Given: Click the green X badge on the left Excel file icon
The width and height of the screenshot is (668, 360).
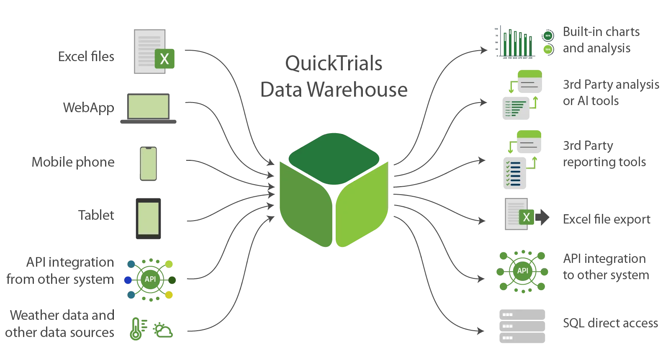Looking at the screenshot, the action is [x=165, y=58].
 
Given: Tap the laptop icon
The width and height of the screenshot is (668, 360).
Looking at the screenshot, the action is [x=149, y=107].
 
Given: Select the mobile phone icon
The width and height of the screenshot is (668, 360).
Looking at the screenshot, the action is [x=148, y=164].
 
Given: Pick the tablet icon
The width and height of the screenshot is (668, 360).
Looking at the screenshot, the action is [x=149, y=219].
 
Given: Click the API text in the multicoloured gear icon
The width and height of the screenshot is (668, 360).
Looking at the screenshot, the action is [x=150, y=279].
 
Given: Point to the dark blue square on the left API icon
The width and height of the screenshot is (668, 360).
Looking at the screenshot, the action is [x=128, y=279].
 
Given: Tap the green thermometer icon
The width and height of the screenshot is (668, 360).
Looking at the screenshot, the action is [x=137, y=329].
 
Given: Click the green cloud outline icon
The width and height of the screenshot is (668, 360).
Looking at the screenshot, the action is [x=163, y=330].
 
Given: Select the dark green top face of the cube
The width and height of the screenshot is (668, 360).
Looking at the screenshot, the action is [x=334, y=157].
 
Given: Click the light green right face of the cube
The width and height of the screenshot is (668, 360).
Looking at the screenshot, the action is [x=361, y=205].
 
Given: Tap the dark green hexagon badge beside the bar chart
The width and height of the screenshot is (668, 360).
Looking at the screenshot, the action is [x=548, y=36].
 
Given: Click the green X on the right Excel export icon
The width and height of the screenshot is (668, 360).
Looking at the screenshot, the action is [x=527, y=217].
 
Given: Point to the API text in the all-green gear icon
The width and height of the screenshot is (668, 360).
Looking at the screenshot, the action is [x=522, y=271].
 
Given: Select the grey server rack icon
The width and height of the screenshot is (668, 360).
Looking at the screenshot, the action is [x=522, y=327].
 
